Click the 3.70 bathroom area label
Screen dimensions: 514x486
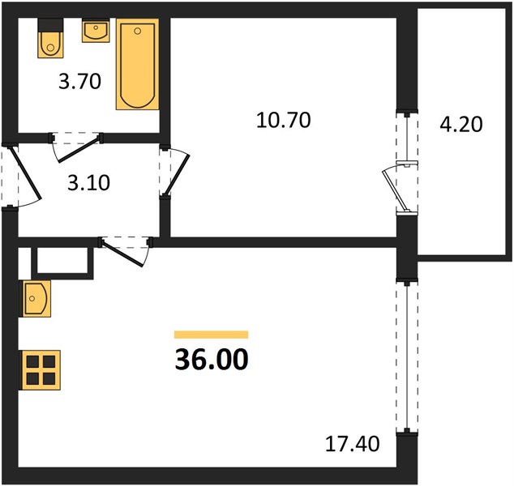pyautogui.click(x=79, y=82)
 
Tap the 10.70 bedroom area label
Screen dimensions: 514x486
pyautogui.click(x=283, y=120)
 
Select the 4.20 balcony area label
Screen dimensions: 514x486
pyautogui.click(x=460, y=125)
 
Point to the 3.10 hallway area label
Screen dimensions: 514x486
pyautogui.click(x=88, y=183)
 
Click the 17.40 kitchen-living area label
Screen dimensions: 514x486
pyautogui.click(x=353, y=444)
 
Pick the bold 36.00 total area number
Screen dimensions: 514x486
pyautogui.click(x=212, y=360)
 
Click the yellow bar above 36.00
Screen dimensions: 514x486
pyautogui.click(x=211, y=335)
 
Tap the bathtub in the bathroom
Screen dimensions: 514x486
pyautogui.click(x=137, y=64)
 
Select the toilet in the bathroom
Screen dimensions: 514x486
pyautogui.click(x=50, y=38)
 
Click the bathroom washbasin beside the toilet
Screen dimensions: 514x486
pyautogui.click(x=96, y=31)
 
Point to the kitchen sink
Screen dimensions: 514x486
pyautogui.click(x=35, y=298)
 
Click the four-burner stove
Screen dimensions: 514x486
pyautogui.click(x=41, y=370)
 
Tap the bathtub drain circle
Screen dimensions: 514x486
pyautogui.click(x=138, y=31)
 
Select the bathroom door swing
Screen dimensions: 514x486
pyautogui.click(x=75, y=147)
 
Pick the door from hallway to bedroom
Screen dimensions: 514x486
pyautogui.click(x=174, y=173)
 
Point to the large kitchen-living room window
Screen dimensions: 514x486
pyautogui.click(x=407, y=356)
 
